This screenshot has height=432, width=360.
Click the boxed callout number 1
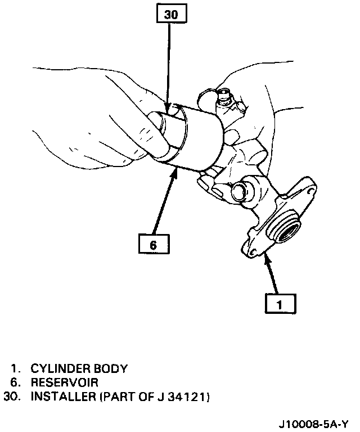(x=280, y=304)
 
